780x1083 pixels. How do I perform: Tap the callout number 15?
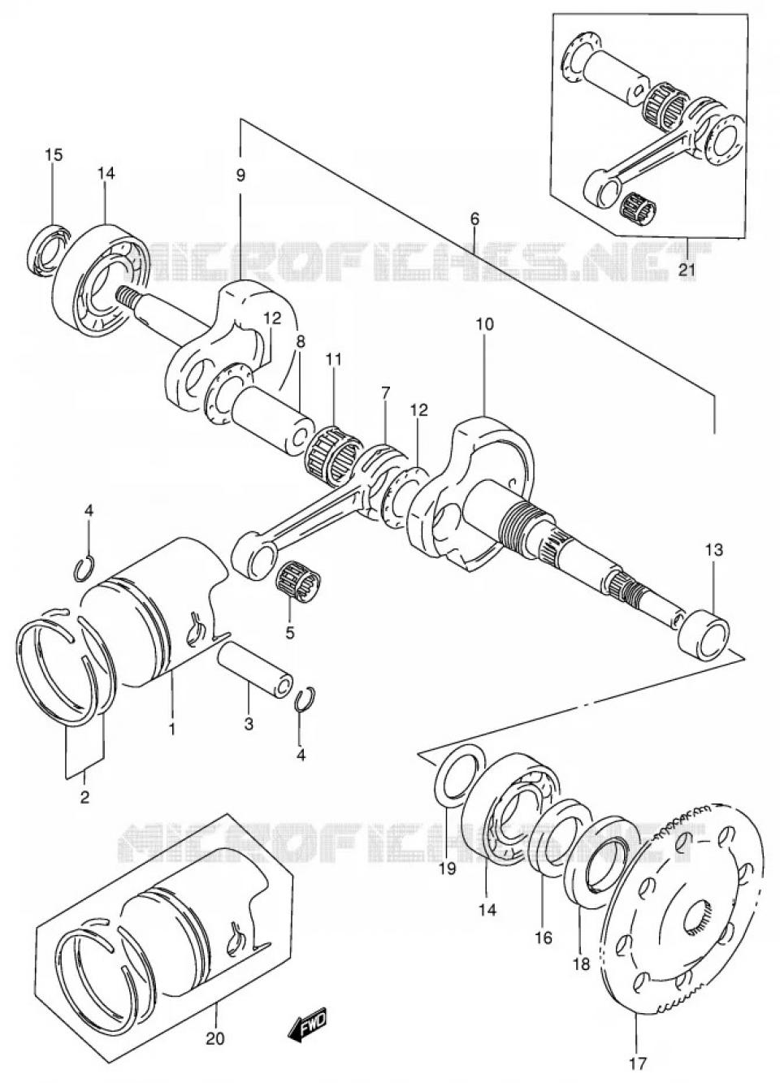(53, 155)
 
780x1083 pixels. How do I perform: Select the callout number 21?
(687, 271)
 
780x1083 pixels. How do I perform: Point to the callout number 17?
(635, 1063)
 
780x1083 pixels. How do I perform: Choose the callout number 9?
(240, 175)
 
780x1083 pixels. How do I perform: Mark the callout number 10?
(484, 324)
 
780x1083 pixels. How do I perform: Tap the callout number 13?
(713, 550)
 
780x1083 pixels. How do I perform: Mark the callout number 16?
(543, 938)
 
